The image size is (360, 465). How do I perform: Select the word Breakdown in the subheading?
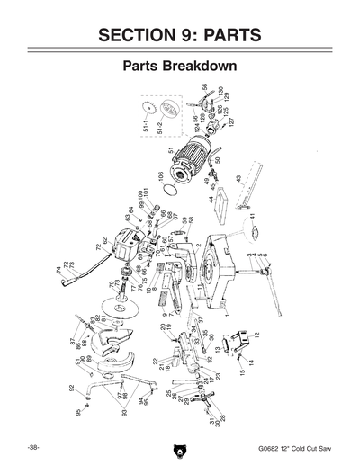click(x=211, y=67)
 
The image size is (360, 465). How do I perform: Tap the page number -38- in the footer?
click(x=32, y=447)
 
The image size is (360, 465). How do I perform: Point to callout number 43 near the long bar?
click(x=238, y=178)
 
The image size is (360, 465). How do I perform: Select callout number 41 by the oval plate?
click(x=254, y=218)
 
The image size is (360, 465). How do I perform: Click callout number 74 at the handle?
click(x=59, y=269)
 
